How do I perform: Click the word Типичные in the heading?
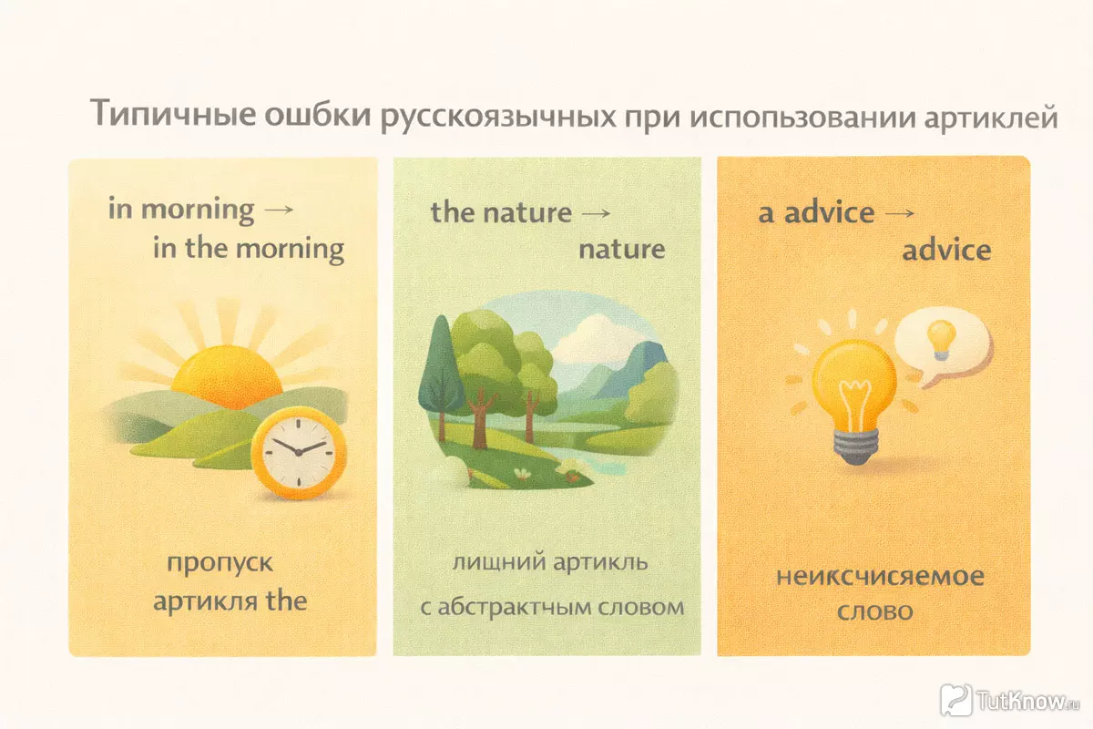(173, 113)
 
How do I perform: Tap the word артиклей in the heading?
(991, 118)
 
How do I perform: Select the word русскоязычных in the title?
(497, 118)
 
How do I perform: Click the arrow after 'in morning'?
(279, 210)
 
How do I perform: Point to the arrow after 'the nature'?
(596, 213)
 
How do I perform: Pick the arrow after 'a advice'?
(899, 213)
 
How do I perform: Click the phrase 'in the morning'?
(249, 248)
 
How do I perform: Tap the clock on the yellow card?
(299, 453)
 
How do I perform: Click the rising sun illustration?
(227, 377)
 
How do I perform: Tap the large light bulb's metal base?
(855, 447)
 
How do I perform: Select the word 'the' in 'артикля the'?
(286, 601)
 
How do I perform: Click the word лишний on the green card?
(499, 562)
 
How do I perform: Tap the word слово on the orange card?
(875, 611)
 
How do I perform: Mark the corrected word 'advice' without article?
(946, 250)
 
